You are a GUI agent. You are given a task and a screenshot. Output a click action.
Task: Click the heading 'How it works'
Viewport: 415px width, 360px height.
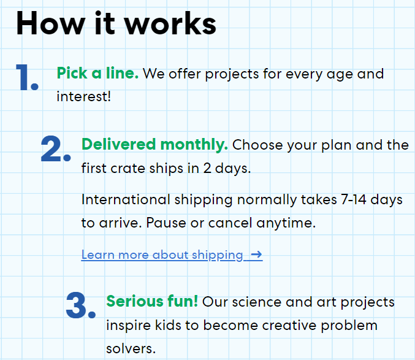coord(116,23)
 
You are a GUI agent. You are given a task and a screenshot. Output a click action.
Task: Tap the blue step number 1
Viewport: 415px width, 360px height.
coord(27,77)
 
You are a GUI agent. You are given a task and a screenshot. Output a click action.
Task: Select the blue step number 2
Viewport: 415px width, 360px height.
coord(56,148)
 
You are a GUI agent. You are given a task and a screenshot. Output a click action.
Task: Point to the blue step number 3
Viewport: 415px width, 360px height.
coord(81,305)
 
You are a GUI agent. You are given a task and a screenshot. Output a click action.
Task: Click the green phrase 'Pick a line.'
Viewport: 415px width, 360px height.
coord(97,73)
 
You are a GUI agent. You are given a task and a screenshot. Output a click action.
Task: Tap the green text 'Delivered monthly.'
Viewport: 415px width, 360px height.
coord(154,145)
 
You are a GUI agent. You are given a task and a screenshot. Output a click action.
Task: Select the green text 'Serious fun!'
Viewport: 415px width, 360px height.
coord(152,301)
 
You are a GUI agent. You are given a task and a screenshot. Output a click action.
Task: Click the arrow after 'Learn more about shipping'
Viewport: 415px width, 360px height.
coord(256,255)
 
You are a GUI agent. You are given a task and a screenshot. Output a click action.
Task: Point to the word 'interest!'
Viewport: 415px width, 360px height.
coord(83,96)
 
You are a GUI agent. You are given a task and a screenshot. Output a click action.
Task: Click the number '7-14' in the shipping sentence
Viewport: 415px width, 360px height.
coord(354,199)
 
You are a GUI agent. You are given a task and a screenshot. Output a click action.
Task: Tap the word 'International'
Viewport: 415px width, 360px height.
coord(126,199)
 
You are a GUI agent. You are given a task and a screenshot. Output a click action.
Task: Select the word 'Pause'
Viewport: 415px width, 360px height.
coord(166,223)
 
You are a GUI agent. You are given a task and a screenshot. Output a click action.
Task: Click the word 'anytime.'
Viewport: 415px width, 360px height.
coord(286,223)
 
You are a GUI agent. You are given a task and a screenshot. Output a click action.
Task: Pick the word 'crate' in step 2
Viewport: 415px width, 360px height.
coord(128,169)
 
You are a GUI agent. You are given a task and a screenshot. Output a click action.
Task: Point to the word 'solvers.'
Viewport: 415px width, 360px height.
coord(131,348)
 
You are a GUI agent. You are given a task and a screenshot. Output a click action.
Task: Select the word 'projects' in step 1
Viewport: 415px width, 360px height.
coord(232,75)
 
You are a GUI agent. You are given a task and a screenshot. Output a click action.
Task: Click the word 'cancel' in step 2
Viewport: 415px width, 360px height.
coord(230,223)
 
